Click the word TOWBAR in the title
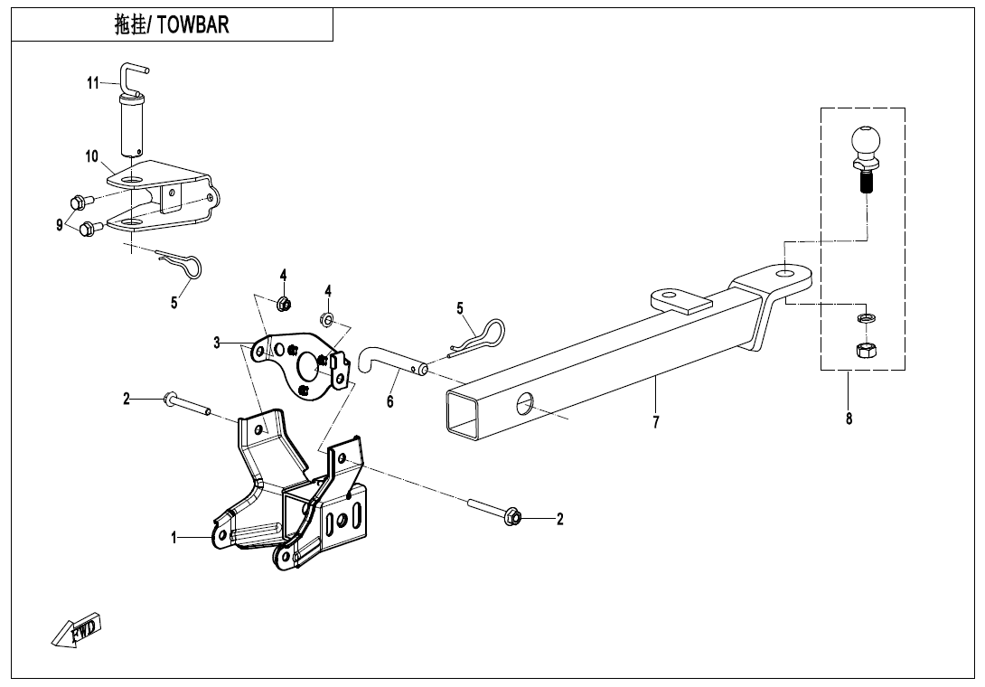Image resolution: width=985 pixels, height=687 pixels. pyautogui.click(x=192, y=25)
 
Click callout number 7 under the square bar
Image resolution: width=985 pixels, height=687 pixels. pyautogui.click(x=656, y=422)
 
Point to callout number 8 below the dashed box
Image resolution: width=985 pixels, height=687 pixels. pyautogui.click(x=849, y=418)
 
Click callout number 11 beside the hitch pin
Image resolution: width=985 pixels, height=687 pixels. pyautogui.click(x=94, y=82)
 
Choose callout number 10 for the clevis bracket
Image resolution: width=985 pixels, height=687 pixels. pyautogui.click(x=91, y=155)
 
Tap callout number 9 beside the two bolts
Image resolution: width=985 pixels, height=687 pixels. pyautogui.click(x=60, y=224)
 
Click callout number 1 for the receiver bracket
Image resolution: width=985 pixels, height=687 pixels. pyautogui.click(x=174, y=538)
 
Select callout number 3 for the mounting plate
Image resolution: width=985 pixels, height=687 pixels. pyautogui.click(x=217, y=343)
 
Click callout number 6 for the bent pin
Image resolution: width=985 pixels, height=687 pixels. pyautogui.click(x=390, y=401)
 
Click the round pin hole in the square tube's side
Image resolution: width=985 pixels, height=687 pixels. pyautogui.click(x=524, y=403)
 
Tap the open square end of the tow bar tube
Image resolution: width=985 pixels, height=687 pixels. pyautogui.click(x=463, y=412)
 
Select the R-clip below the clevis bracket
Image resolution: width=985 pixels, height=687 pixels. pyautogui.click(x=179, y=262)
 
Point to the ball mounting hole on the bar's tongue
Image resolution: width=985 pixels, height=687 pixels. pyautogui.click(x=785, y=274)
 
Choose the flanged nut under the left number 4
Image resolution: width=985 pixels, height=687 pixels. pyautogui.click(x=284, y=304)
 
